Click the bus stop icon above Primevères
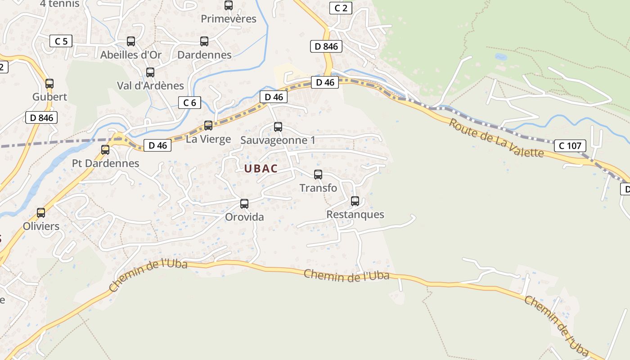229,5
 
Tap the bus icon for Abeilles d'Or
131,41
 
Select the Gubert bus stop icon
49,83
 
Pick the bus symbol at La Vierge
208,126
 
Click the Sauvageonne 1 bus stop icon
278,127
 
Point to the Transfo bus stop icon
318,175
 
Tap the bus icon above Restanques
355,201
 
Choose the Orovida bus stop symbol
244,204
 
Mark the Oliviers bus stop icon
41,213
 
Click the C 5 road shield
61,41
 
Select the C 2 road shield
341,8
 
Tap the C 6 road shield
189,103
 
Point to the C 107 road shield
570,145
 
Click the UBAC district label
261,169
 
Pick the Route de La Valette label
496,138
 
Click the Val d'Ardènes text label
150,85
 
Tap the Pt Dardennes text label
106,163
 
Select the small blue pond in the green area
500,57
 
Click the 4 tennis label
59,4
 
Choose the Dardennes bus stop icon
204,41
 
